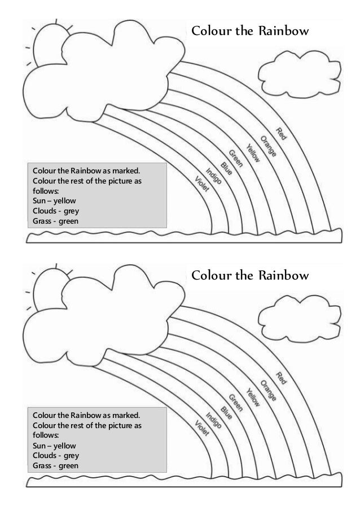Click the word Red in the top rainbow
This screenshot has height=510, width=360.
tap(282, 133)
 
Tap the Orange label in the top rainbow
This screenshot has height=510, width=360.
tap(268, 146)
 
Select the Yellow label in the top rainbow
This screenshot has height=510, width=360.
tap(253, 151)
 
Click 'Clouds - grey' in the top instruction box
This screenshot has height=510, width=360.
tap(56, 211)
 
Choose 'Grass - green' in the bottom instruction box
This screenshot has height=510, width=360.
tap(56, 466)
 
